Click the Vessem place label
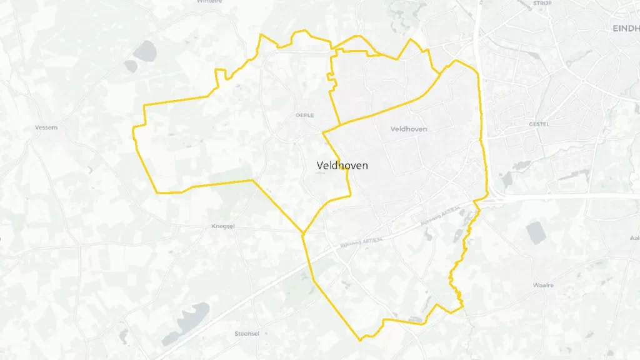[x=47, y=127]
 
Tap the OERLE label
[x=304, y=115]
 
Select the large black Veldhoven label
[x=342, y=165]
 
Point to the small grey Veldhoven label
[x=408, y=129]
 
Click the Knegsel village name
[x=223, y=226]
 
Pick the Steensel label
[x=246, y=333]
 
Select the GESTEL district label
[x=538, y=124]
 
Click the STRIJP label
[x=542, y=3]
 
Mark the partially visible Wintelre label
[x=209, y=2]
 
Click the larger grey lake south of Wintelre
[x=145, y=50]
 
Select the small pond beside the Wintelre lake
[x=130, y=65]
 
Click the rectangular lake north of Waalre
[x=536, y=232]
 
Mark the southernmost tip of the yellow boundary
[x=361, y=341]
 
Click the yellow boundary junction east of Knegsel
[x=303, y=234]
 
